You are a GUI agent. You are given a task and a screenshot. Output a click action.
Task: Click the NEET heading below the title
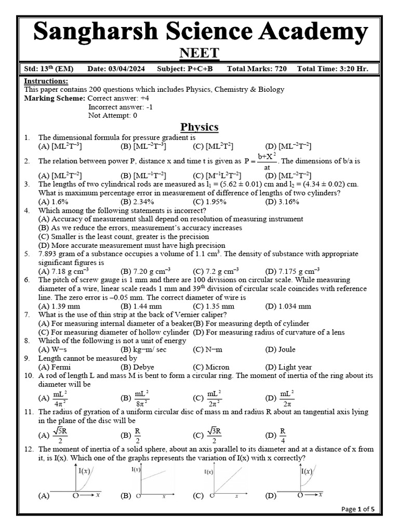pyautogui.click(x=199, y=53)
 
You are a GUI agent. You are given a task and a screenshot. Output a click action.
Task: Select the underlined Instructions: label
pyautogui.click(x=46, y=81)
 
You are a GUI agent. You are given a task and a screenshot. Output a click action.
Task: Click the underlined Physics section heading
pyautogui.click(x=199, y=127)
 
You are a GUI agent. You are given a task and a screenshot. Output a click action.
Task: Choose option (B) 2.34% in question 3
pyautogui.click(x=137, y=201)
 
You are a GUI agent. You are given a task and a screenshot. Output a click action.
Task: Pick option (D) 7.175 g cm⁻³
pyautogui.click(x=292, y=271)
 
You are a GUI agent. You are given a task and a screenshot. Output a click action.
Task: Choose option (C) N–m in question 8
pyautogui.click(x=208, y=350)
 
